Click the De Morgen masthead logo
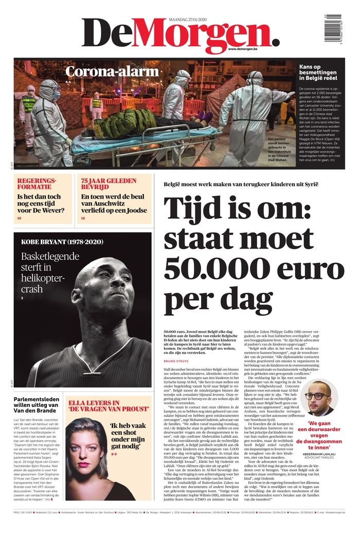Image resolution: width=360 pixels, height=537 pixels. point(180,34)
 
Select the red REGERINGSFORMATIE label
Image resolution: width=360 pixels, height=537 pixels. point(38,184)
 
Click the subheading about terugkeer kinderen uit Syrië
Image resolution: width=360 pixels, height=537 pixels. point(241,184)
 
